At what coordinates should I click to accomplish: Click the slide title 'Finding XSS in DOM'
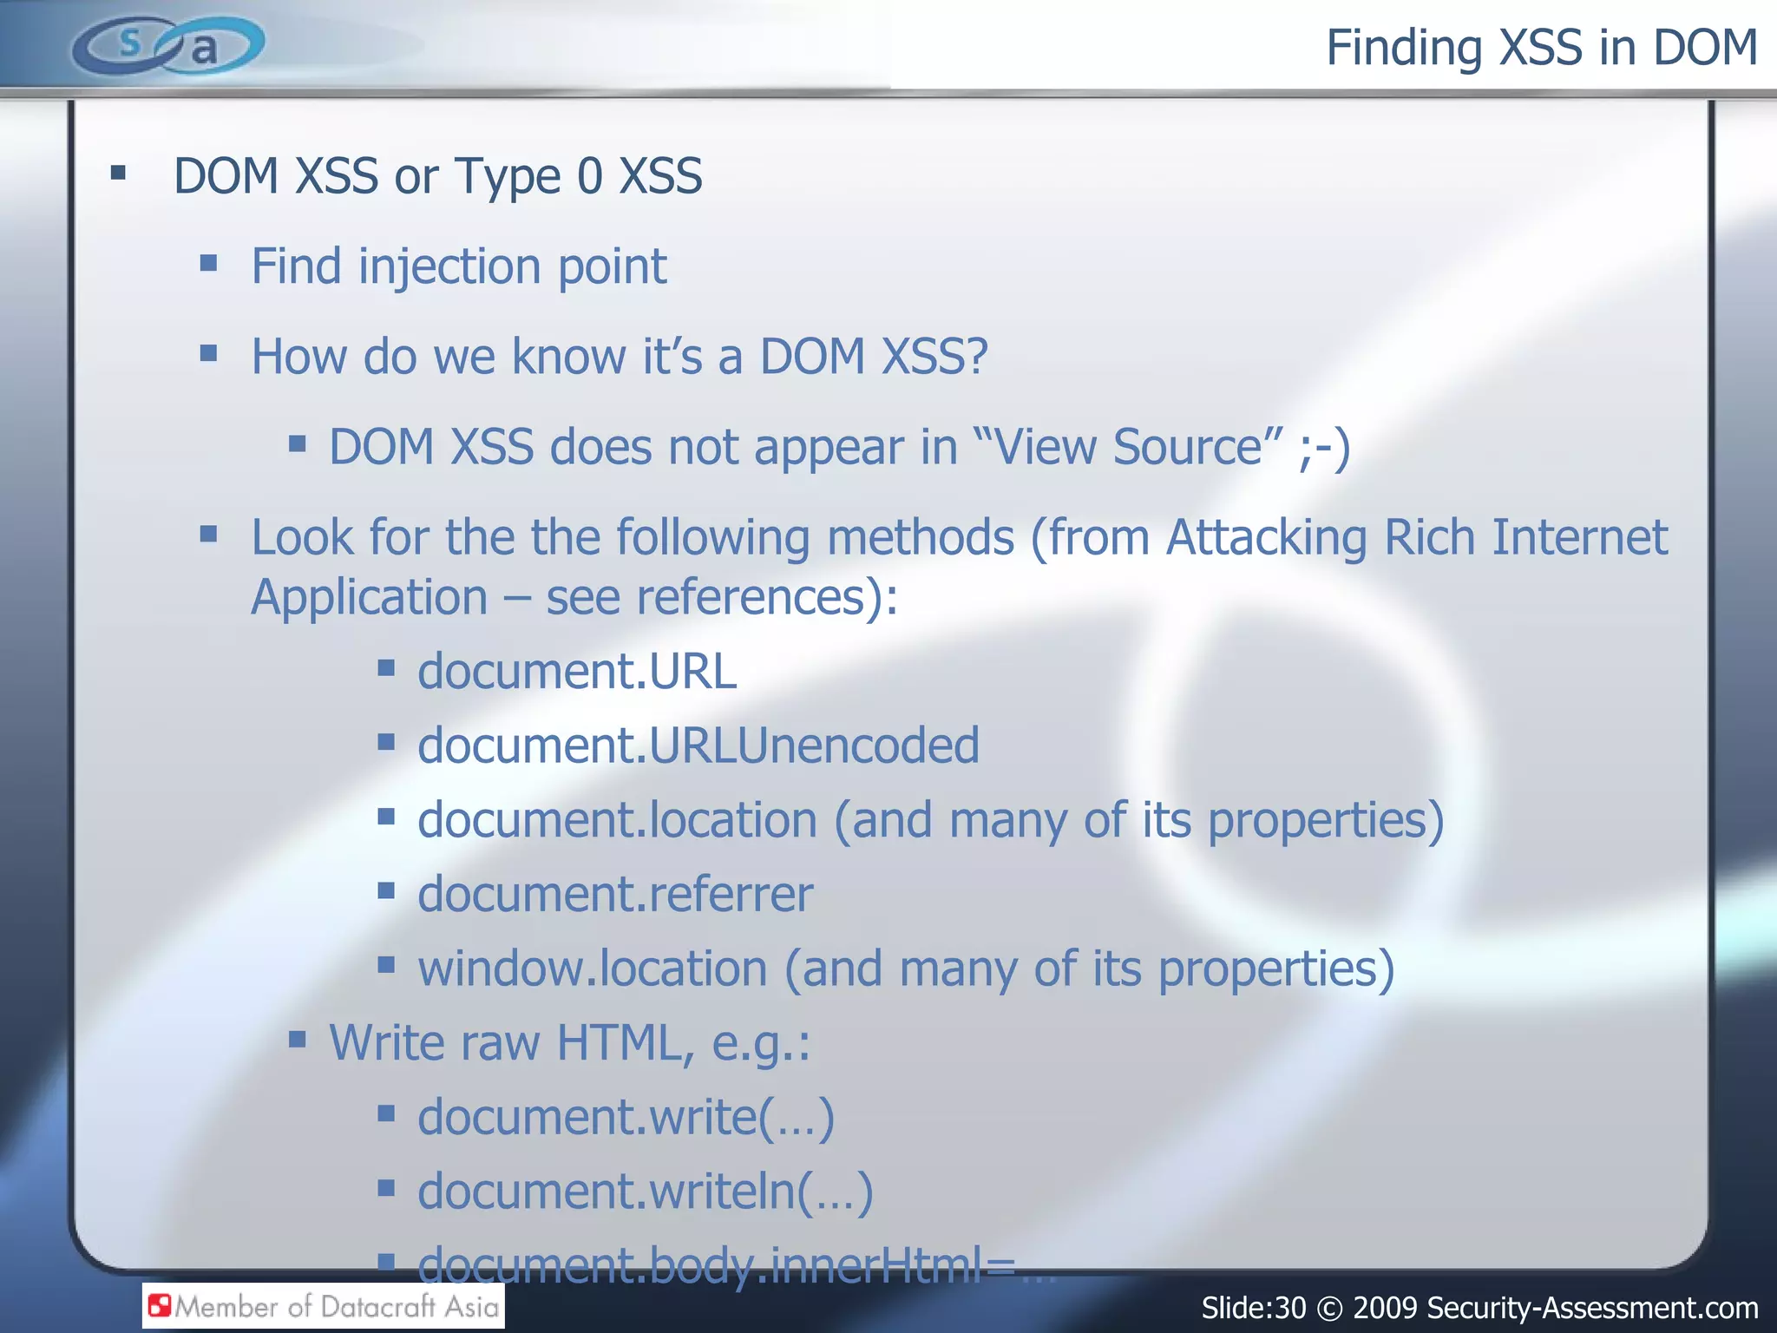tap(1541, 48)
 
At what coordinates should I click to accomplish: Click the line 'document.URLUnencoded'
tap(698, 745)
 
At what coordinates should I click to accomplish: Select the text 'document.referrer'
tap(615, 894)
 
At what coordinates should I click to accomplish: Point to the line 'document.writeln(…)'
tap(645, 1191)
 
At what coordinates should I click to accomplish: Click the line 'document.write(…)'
tap(626, 1117)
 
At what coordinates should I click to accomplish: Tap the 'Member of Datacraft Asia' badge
tap(324, 1306)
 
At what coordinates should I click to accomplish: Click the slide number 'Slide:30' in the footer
tap(1253, 1308)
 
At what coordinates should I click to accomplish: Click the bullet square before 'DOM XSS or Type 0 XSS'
tap(119, 174)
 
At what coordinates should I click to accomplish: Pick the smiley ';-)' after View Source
tap(1324, 448)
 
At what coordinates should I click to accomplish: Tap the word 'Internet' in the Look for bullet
tap(1579, 537)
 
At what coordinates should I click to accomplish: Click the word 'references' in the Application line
tap(752, 598)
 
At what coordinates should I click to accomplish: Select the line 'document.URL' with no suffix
tap(577, 672)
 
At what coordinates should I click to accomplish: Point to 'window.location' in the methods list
tap(593, 969)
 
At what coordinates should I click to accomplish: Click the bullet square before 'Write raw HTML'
tap(298, 1040)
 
